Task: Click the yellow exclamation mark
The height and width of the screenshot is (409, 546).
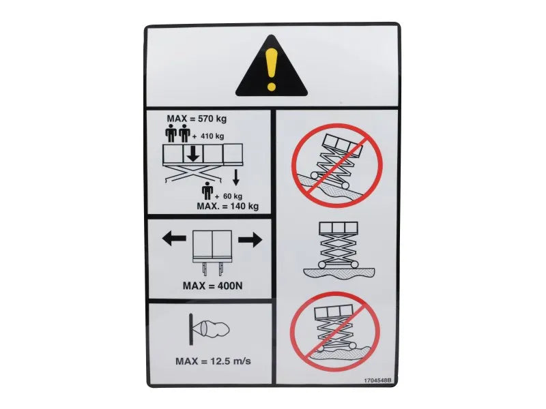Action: [x=271, y=69]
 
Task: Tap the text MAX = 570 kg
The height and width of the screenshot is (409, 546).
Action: [x=197, y=119]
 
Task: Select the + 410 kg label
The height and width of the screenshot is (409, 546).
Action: [x=208, y=136]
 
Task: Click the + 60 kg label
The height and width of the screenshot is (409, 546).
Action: [x=228, y=196]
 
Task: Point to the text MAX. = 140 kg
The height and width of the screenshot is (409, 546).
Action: [x=228, y=207]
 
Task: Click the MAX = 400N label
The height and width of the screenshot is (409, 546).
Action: [x=213, y=286]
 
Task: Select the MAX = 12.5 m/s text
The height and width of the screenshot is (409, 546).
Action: [x=213, y=361]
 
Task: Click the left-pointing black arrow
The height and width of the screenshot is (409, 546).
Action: [x=174, y=239]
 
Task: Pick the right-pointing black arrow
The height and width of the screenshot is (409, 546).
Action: [x=250, y=240]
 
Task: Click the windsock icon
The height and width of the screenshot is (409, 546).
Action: [x=209, y=329]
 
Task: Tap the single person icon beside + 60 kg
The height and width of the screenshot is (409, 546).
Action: [x=207, y=191]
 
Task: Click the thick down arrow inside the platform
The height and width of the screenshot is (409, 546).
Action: [x=193, y=154]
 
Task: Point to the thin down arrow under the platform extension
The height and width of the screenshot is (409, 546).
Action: [x=236, y=177]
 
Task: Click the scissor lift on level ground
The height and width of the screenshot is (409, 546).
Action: [x=339, y=249]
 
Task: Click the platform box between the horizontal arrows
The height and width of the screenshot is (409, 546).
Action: [x=212, y=246]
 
